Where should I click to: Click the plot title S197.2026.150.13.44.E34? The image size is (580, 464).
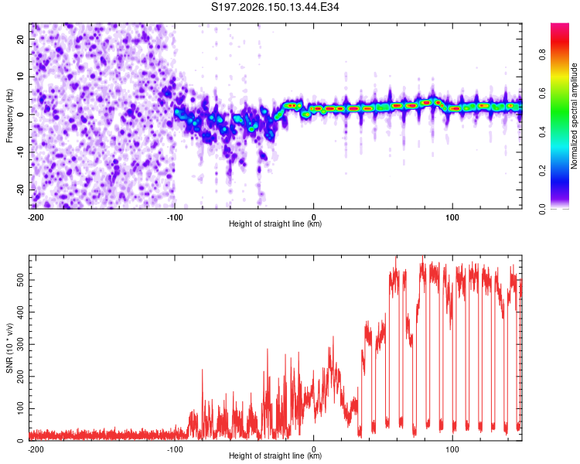(275, 7)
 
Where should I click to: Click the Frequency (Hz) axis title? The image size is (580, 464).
(9, 116)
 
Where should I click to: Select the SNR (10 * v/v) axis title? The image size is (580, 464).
(9, 348)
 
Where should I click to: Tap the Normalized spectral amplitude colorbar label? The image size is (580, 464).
(574, 116)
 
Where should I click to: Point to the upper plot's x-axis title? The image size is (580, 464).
(275, 223)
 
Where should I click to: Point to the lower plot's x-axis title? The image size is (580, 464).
(275, 455)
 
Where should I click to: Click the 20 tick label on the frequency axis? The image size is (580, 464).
(20, 39)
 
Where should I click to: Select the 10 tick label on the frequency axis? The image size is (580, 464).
(20, 77)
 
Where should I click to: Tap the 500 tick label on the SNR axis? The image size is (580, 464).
(20, 280)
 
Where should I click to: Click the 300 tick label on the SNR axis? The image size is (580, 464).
(20, 344)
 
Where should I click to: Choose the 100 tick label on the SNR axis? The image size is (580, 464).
(20, 408)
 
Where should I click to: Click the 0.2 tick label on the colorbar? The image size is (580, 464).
(542, 170)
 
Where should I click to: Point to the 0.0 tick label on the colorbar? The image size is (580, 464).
(542, 210)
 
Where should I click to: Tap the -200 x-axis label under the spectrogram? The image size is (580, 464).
(36, 217)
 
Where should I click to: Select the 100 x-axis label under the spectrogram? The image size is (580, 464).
(452, 217)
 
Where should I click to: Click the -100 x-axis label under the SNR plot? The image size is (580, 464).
(175, 449)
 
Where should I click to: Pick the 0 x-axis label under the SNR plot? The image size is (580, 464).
(314, 449)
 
